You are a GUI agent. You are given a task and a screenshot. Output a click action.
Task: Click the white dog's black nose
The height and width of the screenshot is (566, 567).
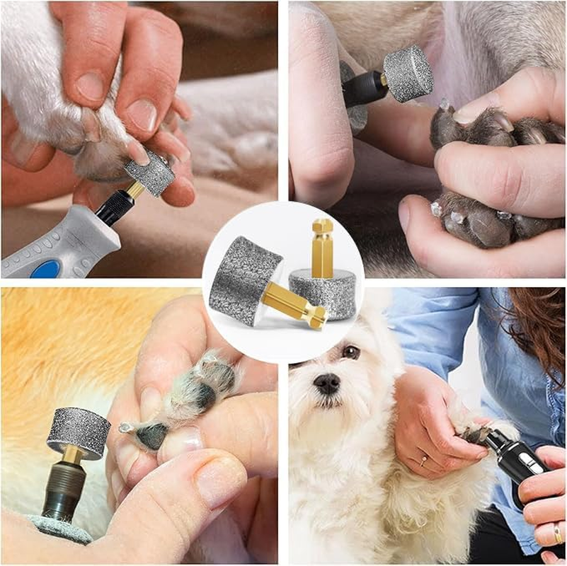point(326,383)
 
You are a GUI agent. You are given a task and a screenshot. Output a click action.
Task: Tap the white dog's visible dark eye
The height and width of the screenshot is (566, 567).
point(350,352)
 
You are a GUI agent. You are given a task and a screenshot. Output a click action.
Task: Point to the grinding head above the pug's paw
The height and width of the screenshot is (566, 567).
point(408,74)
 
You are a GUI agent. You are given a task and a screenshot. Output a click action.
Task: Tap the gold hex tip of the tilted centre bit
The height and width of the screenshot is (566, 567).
point(316,316)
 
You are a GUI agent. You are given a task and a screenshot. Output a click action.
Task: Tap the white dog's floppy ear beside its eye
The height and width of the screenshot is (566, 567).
point(375,354)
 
